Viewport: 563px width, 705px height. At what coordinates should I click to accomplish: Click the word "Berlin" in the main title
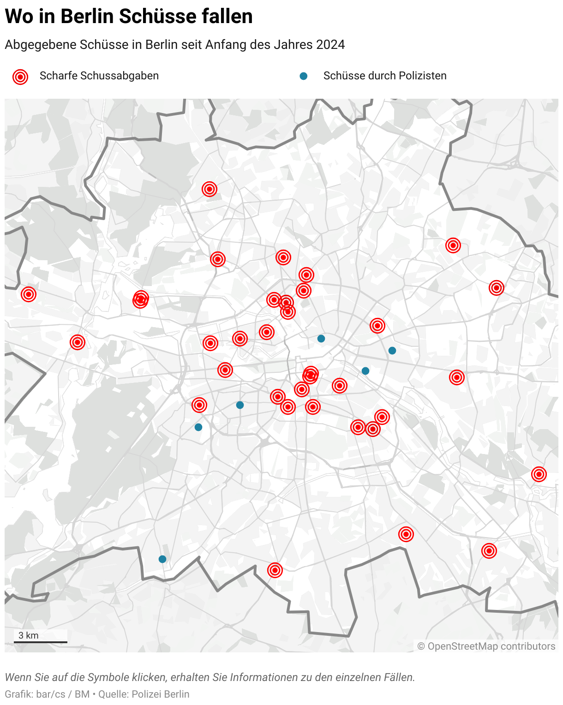pos(87,17)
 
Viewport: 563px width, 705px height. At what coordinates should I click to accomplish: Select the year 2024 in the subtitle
pos(330,45)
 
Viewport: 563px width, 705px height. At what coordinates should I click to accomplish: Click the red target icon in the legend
pos(20,77)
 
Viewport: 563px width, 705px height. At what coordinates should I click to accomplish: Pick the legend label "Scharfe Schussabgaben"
pos(99,76)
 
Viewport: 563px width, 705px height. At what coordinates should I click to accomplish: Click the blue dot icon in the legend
pos(304,76)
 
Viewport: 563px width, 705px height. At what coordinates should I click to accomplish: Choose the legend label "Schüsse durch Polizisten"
pos(385,76)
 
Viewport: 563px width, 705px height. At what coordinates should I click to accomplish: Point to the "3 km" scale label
pos(29,635)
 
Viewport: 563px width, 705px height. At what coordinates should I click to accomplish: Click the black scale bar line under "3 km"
pos(41,642)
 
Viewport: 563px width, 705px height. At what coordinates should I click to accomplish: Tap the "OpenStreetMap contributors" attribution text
pos(491,646)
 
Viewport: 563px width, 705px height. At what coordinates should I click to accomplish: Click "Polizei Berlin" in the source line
pos(161,694)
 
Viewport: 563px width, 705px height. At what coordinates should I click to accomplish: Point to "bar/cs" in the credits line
pos(50,694)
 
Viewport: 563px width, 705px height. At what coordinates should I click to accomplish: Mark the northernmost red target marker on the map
pos(210,189)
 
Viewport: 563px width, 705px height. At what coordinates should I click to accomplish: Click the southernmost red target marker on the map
pos(275,570)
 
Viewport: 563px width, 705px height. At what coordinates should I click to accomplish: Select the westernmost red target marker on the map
pos(29,294)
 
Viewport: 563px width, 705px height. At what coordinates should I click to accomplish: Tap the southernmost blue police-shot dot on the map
pos(162,559)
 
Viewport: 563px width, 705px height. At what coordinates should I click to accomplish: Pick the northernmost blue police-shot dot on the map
pos(321,339)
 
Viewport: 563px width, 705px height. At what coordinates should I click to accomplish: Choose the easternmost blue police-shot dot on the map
pos(392,351)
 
